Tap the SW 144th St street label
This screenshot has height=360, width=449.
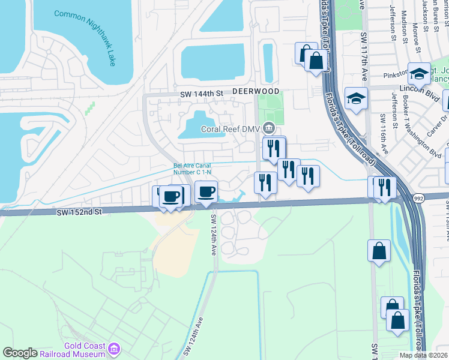point(202,94)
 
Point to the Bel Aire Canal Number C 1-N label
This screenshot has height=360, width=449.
point(192,169)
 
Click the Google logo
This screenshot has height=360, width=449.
point(20,353)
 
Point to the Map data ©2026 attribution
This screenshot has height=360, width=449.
point(423,355)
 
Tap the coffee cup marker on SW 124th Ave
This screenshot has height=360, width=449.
point(206,193)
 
